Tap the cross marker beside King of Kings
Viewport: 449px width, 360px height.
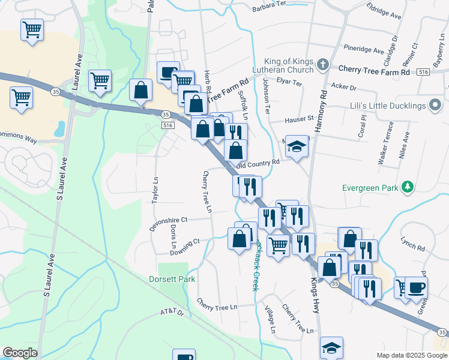pyautogui.click(x=324, y=64)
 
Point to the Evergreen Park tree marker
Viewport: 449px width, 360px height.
pyautogui.click(x=408, y=187)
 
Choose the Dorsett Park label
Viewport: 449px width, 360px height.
pyautogui.click(x=172, y=279)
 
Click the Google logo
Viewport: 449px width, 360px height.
pyautogui.click(x=20, y=353)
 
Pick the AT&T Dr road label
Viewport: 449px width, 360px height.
pyautogui.click(x=173, y=313)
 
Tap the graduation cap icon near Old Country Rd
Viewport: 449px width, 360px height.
pyautogui.click(x=296, y=146)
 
